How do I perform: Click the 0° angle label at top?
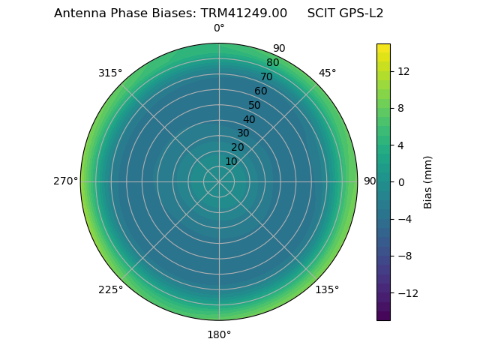click(x=219, y=28)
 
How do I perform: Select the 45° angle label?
click(x=327, y=73)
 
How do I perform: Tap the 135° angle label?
click(x=327, y=289)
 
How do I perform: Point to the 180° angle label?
click(x=219, y=334)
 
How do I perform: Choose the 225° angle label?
click(x=110, y=289)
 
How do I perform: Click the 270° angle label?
click(x=65, y=181)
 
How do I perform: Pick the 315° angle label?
click(x=110, y=73)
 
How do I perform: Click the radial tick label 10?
click(x=231, y=161)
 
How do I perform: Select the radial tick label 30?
click(x=243, y=133)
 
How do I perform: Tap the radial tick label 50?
click(x=255, y=106)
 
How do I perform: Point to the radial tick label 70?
click(x=266, y=76)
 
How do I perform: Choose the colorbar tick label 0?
click(x=400, y=182)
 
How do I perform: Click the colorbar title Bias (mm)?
click(x=428, y=182)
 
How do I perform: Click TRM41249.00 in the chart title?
click(x=244, y=13)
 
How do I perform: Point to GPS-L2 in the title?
click(x=361, y=13)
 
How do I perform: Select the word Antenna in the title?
click(x=79, y=13)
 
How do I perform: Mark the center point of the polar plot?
click(x=219, y=181)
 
